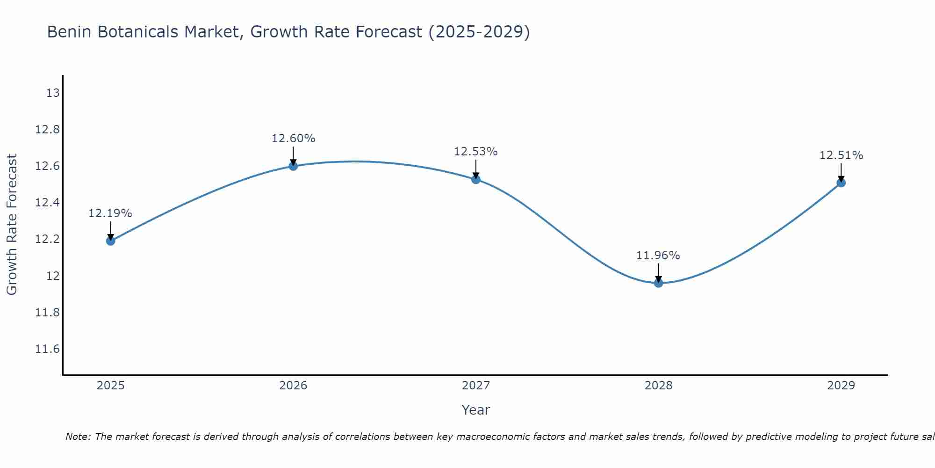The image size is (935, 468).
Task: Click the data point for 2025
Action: click(x=110, y=241)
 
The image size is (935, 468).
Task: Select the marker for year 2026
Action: click(x=293, y=166)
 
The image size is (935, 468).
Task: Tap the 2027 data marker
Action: click(x=476, y=179)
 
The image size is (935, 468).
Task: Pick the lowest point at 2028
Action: click(x=658, y=283)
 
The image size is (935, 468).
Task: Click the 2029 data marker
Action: click(x=841, y=183)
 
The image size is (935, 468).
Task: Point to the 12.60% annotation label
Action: click(x=293, y=139)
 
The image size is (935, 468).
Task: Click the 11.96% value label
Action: click(x=658, y=256)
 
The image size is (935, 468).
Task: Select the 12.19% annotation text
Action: click(x=110, y=213)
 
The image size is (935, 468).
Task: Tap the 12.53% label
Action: click(x=475, y=152)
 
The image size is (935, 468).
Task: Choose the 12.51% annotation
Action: click(x=841, y=155)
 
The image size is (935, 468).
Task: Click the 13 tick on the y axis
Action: click(x=53, y=93)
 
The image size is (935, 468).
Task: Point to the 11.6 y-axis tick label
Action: click(x=47, y=349)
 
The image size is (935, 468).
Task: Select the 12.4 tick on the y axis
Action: click(x=47, y=203)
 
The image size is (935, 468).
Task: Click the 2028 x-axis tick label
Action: click(x=658, y=386)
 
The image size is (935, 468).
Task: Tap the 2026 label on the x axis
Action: click(x=293, y=386)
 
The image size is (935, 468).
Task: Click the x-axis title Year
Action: click(x=475, y=410)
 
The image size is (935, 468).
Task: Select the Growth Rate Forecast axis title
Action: click(x=12, y=225)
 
